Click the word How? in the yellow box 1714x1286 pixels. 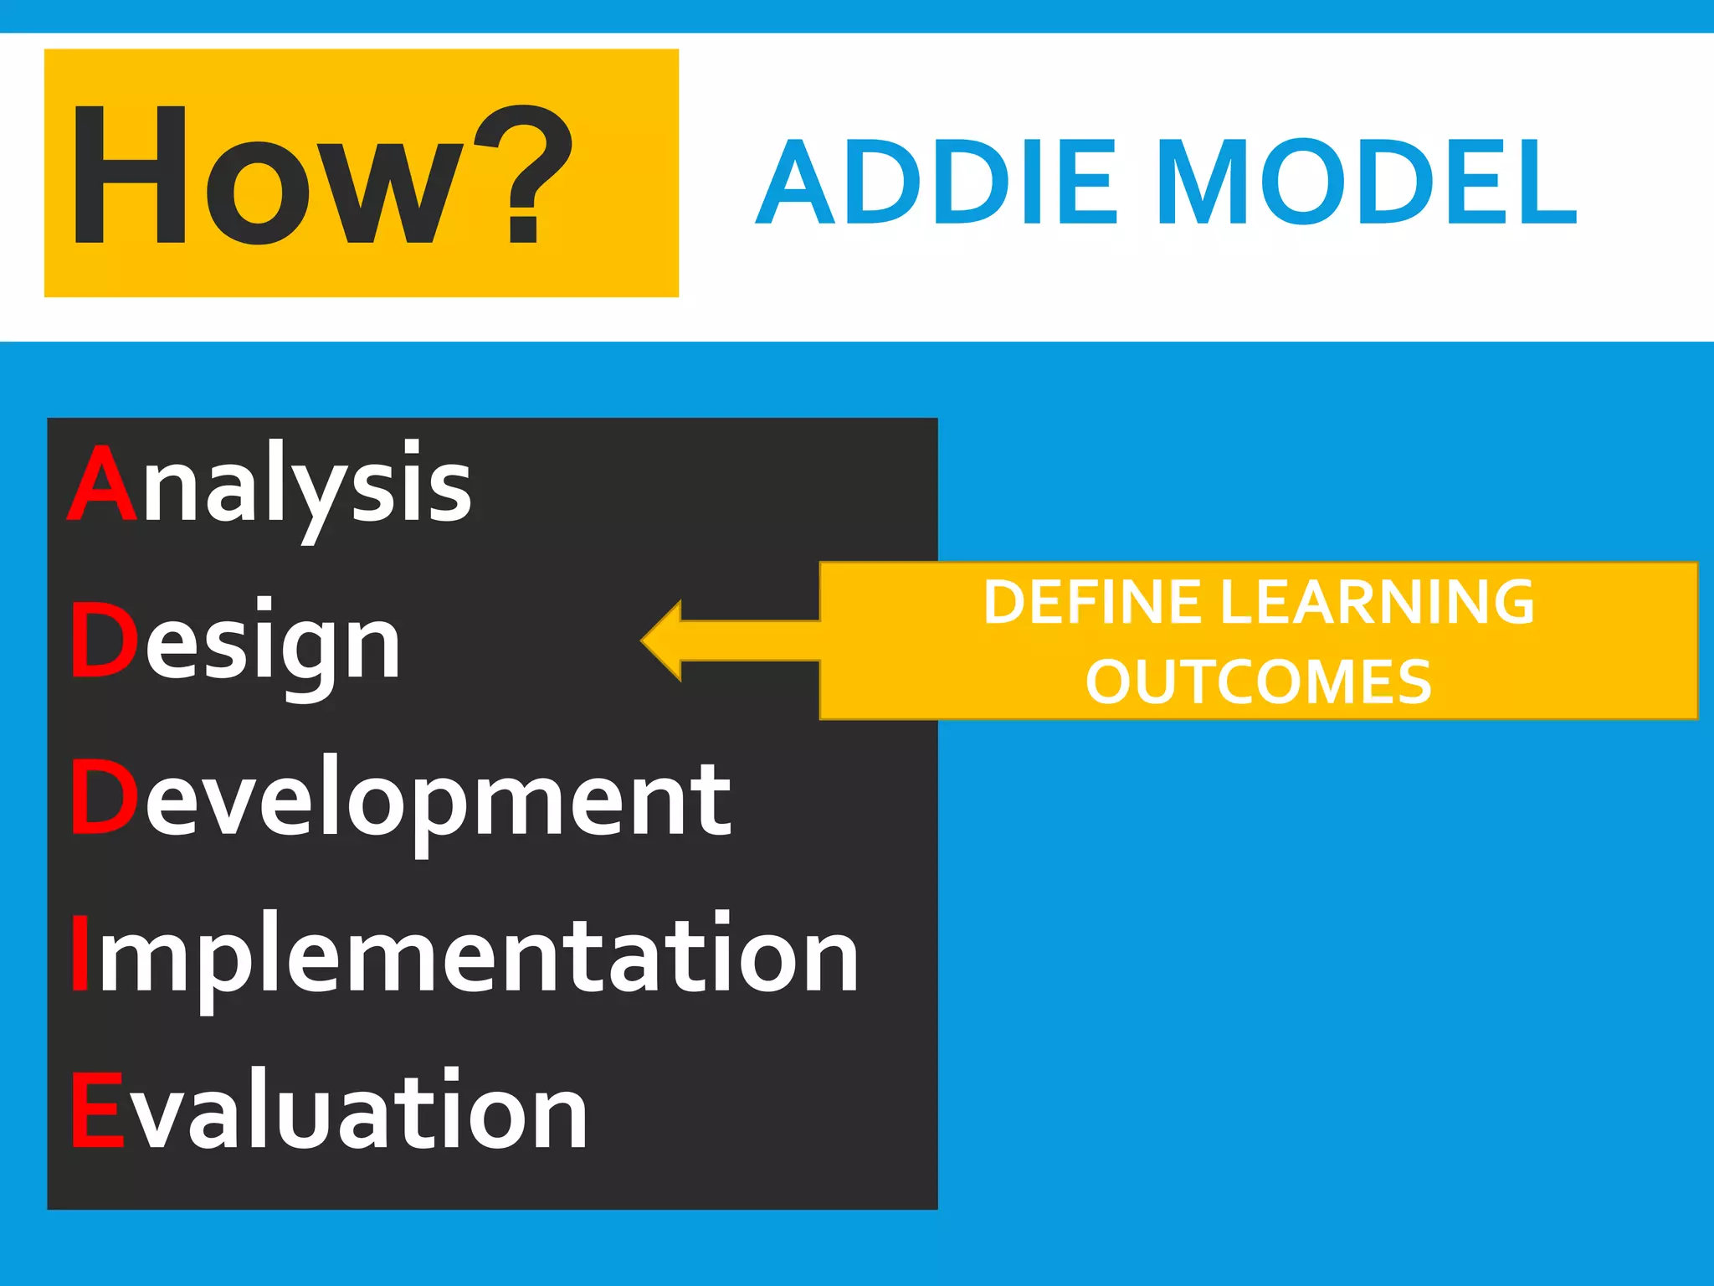pyautogui.click(x=322, y=176)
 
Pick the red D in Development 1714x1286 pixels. pyautogui.click(x=103, y=798)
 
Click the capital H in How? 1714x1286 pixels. pyautogui.click(x=130, y=176)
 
